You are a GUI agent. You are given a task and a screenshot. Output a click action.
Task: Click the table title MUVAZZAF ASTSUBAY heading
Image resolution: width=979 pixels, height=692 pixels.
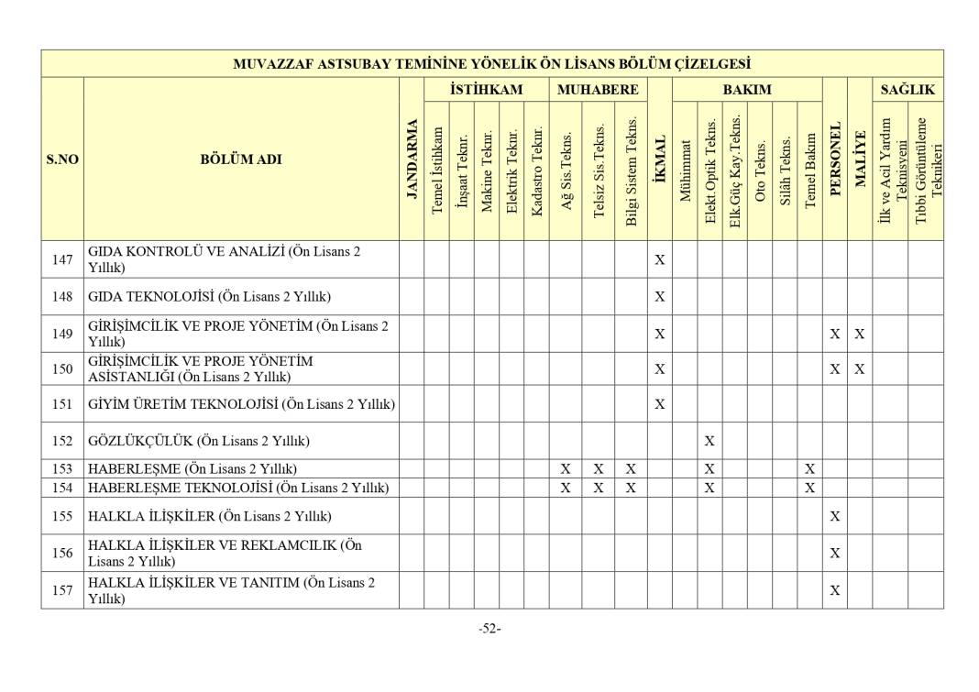(491, 64)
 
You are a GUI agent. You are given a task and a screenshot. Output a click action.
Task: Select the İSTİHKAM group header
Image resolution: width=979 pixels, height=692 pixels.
(486, 90)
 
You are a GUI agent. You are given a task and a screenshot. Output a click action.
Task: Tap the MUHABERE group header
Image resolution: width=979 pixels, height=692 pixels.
(598, 90)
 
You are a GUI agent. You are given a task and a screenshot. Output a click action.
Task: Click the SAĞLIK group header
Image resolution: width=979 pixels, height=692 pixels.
(907, 90)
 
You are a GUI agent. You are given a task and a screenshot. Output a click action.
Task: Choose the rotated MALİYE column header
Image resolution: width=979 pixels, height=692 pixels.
(860, 159)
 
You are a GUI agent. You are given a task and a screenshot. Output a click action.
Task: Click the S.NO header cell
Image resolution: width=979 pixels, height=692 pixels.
(62, 159)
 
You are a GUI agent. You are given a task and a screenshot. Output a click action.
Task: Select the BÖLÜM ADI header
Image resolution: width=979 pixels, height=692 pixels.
(241, 159)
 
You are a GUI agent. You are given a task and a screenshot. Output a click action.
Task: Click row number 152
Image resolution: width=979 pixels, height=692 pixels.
(62, 441)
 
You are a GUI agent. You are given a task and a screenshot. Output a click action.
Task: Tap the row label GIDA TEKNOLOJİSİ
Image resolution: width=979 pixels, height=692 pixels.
(209, 297)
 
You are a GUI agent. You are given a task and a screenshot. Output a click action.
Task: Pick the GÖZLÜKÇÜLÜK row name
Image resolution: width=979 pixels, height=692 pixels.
(198, 441)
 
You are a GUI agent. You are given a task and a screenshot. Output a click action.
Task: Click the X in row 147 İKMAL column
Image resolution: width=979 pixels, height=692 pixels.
(659, 260)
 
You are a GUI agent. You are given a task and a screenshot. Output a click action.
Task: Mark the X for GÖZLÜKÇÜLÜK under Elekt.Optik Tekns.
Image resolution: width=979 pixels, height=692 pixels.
(709, 441)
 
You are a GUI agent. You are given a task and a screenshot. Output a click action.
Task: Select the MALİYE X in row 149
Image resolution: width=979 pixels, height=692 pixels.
(860, 335)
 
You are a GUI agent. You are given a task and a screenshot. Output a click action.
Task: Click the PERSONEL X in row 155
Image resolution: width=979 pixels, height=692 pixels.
(835, 517)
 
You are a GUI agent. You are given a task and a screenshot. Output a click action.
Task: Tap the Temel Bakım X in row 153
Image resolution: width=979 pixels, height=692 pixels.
(809, 469)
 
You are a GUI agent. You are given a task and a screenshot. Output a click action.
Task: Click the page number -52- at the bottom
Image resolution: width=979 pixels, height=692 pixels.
(489, 629)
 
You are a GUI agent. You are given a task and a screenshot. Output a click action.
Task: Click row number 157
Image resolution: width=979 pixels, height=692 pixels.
(62, 590)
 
